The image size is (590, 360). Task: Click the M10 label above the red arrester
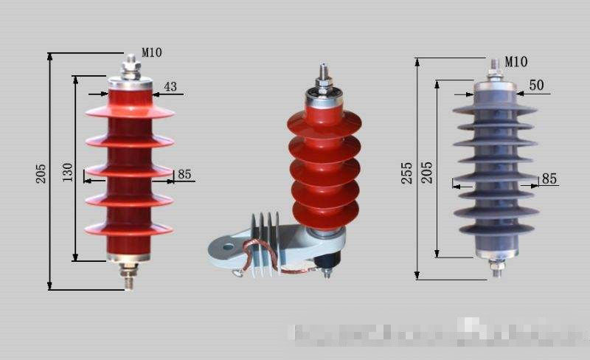152,52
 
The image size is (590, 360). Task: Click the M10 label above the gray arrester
516,61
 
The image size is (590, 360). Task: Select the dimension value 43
170,87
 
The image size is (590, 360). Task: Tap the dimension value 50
536,86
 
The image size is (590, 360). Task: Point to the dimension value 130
68,172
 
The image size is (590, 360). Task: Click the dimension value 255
407,173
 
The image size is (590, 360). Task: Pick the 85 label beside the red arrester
184,175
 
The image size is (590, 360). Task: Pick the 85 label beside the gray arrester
549,179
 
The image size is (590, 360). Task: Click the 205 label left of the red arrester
41,173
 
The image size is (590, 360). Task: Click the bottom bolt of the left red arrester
130,274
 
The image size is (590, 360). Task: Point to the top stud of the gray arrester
495,69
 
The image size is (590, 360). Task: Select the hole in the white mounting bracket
226,246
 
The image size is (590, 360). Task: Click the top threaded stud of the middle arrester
322,76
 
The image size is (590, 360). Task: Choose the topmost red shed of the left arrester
130,111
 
